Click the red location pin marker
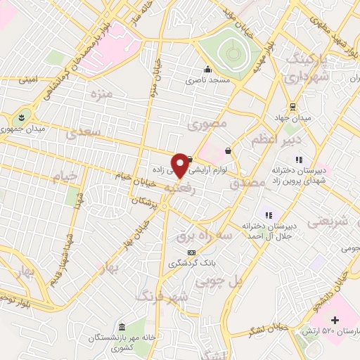181,165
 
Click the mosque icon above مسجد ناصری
207,70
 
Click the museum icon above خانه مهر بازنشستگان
122,328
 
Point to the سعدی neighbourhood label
83,131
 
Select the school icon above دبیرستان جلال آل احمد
268,214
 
